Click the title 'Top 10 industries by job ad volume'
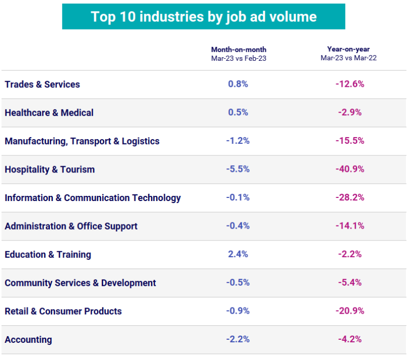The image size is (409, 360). pyautogui.click(x=203, y=17)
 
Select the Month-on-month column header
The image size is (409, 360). pyautogui.click(x=238, y=54)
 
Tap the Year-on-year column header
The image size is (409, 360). pyautogui.click(x=348, y=54)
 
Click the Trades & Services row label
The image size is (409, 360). pyautogui.click(x=43, y=84)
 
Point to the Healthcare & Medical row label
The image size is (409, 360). pyautogui.click(x=49, y=113)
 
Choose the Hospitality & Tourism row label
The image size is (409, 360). pyautogui.click(x=50, y=169)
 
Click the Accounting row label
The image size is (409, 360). pyautogui.click(x=29, y=340)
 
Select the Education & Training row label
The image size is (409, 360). pyautogui.click(x=48, y=255)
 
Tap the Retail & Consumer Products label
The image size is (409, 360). pyautogui.click(x=63, y=311)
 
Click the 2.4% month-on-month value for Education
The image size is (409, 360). pyautogui.click(x=238, y=255)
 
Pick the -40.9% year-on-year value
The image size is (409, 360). pyautogui.click(x=349, y=169)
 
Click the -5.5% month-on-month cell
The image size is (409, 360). pyautogui.click(x=238, y=169)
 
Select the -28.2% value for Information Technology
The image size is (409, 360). pyautogui.click(x=349, y=198)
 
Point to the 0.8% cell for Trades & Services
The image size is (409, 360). pyautogui.click(x=238, y=84)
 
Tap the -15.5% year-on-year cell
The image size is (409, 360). pyautogui.click(x=349, y=141)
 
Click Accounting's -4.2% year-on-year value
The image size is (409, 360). pyautogui.click(x=349, y=340)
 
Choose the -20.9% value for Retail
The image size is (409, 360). pyautogui.click(x=349, y=311)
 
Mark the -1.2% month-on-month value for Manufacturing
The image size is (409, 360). pyautogui.click(x=238, y=141)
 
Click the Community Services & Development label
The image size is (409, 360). pyautogui.click(x=80, y=283)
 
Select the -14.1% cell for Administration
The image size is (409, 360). pyautogui.click(x=349, y=226)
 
